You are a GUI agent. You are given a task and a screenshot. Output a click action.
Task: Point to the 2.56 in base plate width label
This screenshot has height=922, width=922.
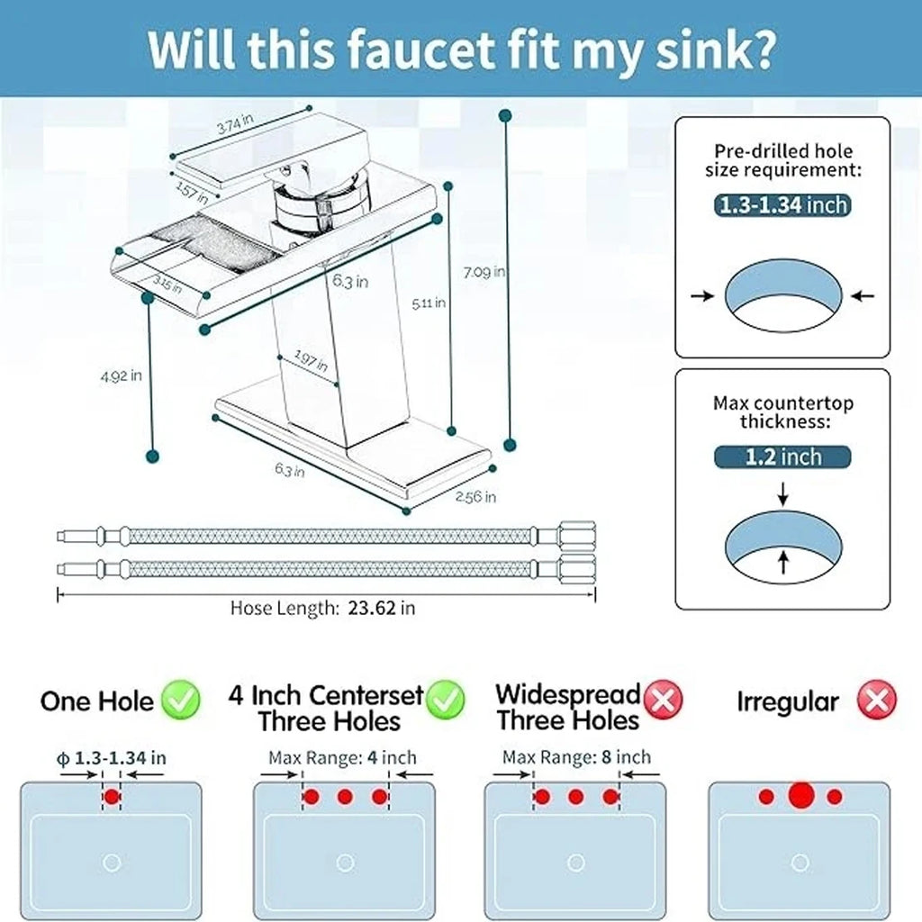click(475, 497)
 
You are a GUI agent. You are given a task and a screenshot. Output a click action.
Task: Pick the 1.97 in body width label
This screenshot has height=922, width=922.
click(311, 362)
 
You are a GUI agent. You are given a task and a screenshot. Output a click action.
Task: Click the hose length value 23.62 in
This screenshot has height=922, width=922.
click(381, 608)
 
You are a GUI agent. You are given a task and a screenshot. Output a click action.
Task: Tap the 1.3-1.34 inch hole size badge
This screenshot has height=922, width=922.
click(782, 205)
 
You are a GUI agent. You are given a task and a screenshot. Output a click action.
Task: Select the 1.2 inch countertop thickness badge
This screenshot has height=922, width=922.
click(782, 456)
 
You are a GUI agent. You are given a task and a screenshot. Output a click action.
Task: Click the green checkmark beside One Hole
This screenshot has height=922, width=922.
click(181, 701)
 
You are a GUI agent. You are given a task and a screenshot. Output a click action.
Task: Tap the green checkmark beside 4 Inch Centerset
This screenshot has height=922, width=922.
click(446, 700)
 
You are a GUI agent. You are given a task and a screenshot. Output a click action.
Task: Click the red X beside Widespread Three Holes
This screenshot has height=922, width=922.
click(664, 700)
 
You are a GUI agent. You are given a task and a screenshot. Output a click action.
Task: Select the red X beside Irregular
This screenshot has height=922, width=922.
click(876, 700)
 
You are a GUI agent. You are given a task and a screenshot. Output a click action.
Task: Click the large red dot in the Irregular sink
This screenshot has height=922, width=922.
click(800, 796)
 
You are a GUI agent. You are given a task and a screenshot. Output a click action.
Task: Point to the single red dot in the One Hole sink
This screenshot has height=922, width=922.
click(112, 797)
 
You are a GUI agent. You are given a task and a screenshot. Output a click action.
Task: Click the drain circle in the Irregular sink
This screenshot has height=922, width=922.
click(799, 863)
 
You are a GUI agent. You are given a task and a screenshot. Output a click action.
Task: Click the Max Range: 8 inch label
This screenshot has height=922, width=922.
click(576, 757)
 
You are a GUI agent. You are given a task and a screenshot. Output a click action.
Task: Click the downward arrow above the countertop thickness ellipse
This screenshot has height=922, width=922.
click(782, 493)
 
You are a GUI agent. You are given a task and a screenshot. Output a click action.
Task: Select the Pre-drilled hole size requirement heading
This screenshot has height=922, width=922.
click(782, 160)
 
